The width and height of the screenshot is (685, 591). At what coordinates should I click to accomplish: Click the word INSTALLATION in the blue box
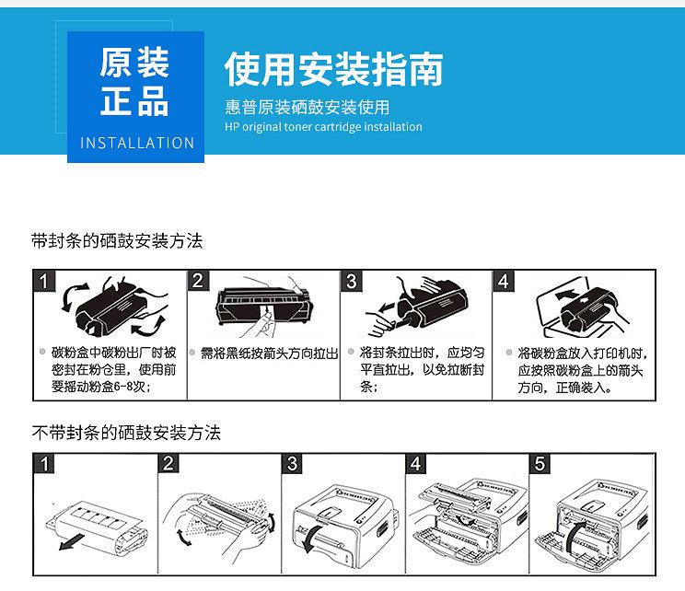[137, 143]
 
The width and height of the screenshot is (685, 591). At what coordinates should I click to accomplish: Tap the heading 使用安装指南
[334, 68]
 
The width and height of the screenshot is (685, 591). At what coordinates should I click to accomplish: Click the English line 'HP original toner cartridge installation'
[323, 127]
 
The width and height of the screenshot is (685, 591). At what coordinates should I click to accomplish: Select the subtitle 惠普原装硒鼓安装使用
[308, 107]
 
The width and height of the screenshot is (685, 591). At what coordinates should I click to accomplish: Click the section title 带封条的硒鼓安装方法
[117, 240]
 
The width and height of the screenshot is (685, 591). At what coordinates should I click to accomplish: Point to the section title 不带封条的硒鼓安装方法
[126, 433]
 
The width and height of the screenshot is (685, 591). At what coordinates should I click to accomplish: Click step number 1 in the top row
[44, 281]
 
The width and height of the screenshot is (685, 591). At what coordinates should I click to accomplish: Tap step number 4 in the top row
[504, 281]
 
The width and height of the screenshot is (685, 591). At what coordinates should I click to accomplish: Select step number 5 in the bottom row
[540, 463]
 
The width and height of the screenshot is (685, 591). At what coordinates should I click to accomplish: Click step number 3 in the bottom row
[292, 463]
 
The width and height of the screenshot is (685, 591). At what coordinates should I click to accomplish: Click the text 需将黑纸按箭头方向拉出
[269, 353]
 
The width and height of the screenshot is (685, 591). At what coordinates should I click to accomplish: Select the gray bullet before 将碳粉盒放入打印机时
[509, 352]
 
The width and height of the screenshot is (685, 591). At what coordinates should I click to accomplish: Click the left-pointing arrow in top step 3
[387, 308]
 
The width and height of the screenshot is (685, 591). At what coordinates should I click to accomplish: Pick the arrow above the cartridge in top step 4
[568, 295]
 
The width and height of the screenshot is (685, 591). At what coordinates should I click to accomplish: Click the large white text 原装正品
[134, 82]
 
